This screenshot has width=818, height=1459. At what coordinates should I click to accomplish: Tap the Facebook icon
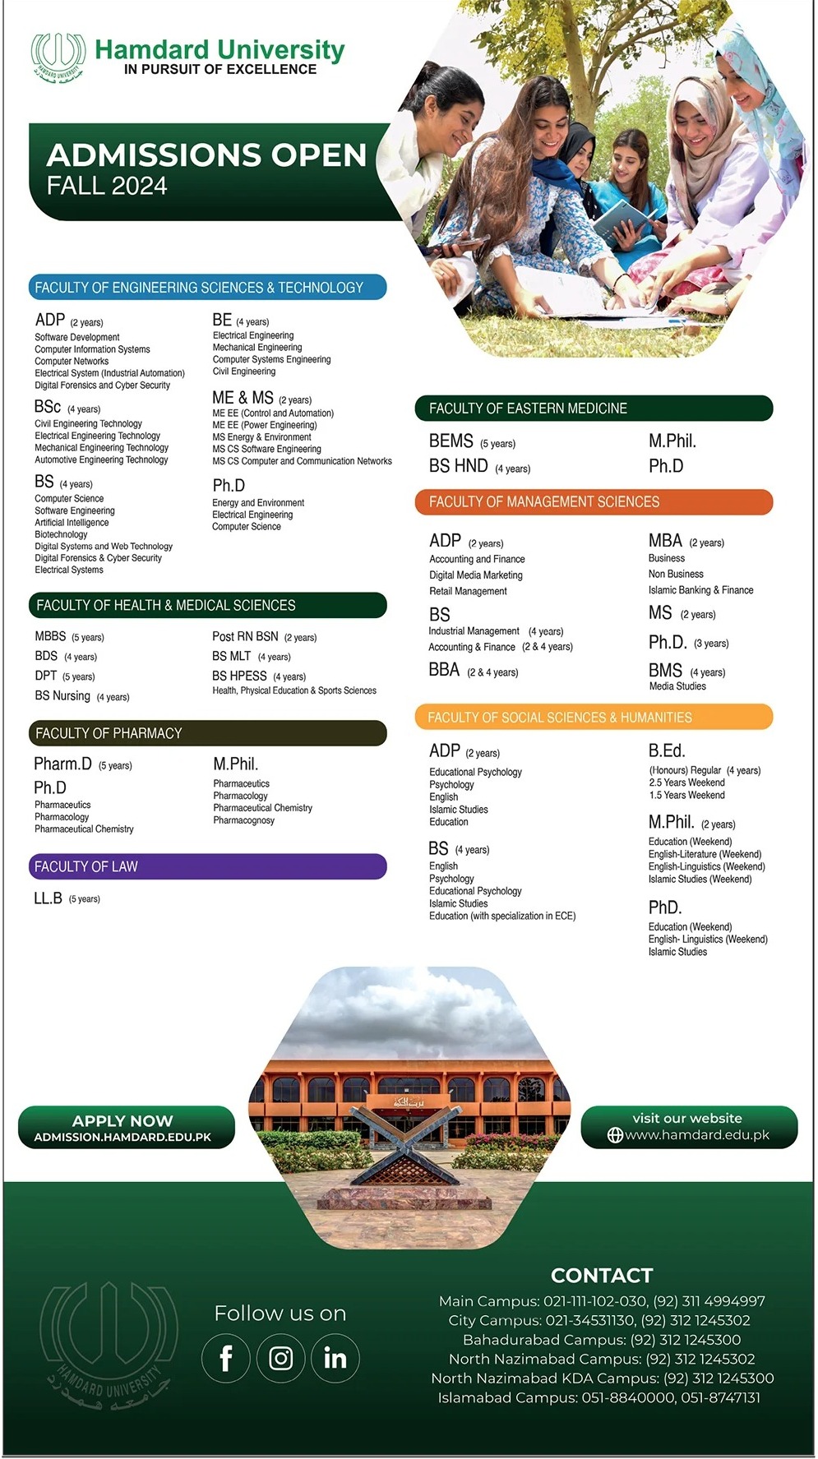(226, 1359)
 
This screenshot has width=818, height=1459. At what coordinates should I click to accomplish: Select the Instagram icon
(280, 1359)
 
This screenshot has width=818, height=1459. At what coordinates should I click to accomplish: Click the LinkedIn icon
(335, 1359)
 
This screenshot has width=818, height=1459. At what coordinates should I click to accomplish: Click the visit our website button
(689, 1127)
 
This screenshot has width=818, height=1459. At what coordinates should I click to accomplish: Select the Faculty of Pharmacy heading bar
(207, 733)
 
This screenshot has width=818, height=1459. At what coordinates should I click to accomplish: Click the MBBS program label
(50, 636)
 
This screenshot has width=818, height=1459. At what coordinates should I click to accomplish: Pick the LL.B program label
(48, 898)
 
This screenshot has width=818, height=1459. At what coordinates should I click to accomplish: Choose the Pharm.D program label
(62, 764)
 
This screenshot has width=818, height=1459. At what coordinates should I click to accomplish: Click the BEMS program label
(451, 441)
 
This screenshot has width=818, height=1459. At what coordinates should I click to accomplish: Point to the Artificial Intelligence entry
(72, 523)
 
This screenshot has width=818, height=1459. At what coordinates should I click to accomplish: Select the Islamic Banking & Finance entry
(700, 590)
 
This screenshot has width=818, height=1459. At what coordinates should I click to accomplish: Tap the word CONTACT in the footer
(602, 1276)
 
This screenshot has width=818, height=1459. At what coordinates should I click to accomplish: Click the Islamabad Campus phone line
(599, 1397)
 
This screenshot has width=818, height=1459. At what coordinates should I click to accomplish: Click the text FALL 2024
(107, 187)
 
